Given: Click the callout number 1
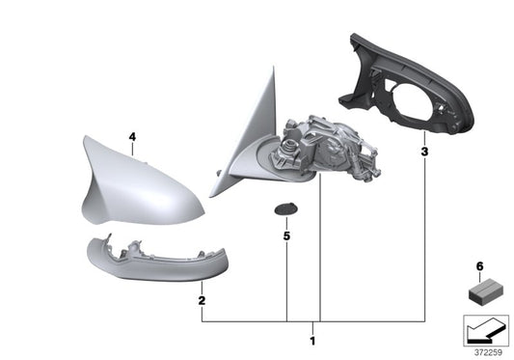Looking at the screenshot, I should (311, 341).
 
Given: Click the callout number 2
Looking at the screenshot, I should (201, 300).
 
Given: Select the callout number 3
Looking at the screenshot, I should (423, 152).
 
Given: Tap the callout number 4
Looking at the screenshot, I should (132, 137).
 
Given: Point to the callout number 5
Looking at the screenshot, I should (286, 235).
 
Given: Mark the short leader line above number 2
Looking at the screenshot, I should (201, 290).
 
